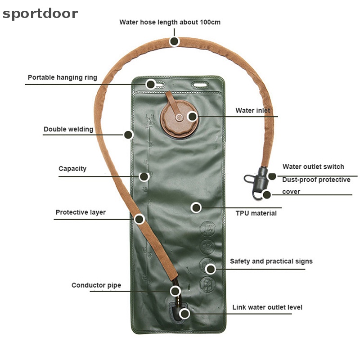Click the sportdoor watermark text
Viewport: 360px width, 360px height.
pos(40,13)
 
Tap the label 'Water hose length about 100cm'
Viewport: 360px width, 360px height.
pos(170,22)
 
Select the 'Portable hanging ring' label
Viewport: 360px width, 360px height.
pos(62,77)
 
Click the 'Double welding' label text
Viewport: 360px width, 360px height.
pos(68,130)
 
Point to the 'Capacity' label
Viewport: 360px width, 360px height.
pos(72,169)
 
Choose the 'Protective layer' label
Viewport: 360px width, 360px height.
pos(81,212)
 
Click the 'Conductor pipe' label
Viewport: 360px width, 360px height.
pos(96,285)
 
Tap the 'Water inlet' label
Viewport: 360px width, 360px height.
pos(253,111)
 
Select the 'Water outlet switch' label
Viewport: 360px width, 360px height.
pos(313,167)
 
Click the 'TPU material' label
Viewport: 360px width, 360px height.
pos(256,213)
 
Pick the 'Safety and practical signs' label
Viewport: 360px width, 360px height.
pos(271,261)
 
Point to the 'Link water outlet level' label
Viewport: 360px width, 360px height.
pos(267,307)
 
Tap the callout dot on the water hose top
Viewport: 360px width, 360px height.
pos(175,41)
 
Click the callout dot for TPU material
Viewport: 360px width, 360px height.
pos(196,207)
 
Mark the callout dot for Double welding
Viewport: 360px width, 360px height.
pos(128,134)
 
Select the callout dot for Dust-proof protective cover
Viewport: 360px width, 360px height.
pos(267,195)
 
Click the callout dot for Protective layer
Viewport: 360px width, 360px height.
pos(139,219)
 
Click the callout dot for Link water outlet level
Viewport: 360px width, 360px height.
pos(184,314)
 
